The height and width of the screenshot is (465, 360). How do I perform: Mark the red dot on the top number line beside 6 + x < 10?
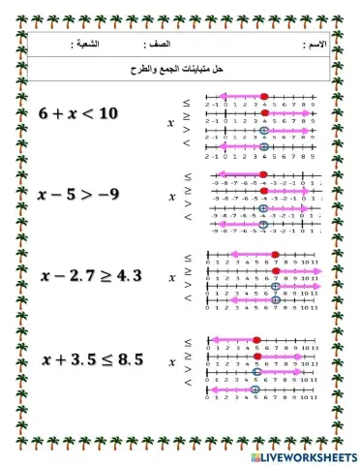coord(264,96)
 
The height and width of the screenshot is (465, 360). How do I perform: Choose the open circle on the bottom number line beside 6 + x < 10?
coord(264,146)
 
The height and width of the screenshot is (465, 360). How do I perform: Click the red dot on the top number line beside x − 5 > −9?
coord(263,175)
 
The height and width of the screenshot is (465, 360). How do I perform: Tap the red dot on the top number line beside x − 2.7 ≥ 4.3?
coord(276,255)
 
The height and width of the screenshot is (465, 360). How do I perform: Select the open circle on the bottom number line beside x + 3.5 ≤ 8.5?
coord(256,388)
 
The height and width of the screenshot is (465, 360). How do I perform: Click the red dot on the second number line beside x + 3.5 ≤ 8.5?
coord(256,356)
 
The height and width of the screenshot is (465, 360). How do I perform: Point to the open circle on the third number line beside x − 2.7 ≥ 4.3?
coord(276,287)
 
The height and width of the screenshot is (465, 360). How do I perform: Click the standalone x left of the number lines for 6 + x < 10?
coord(171,123)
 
